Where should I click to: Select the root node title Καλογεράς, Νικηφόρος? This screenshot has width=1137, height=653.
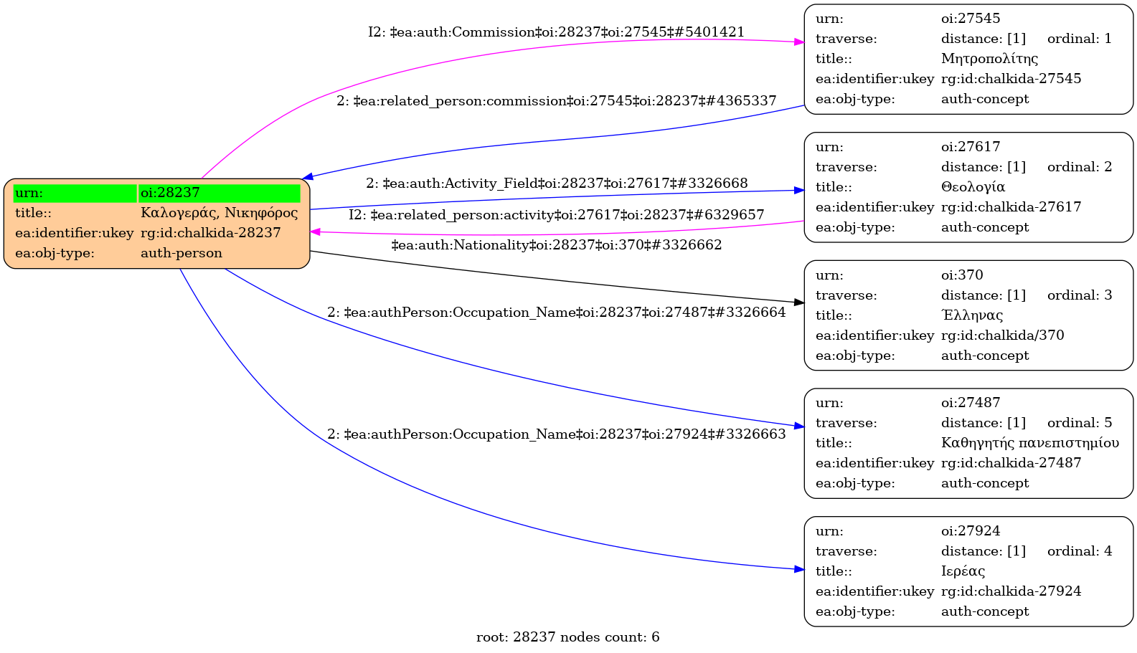click(x=220, y=213)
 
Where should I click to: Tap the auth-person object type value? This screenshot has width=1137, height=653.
click(x=181, y=253)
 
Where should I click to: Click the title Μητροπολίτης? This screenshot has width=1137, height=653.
click(x=989, y=59)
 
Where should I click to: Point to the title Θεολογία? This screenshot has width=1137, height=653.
click(x=973, y=187)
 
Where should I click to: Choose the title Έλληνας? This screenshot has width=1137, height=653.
click(x=972, y=315)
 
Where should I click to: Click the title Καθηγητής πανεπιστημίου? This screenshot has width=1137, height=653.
click(x=1030, y=443)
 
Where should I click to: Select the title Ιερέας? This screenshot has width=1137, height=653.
click(x=963, y=571)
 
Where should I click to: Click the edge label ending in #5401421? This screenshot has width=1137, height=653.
click(x=557, y=32)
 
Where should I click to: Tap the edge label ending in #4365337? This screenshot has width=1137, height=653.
click(x=557, y=101)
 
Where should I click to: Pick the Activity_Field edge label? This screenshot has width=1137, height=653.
click(x=557, y=183)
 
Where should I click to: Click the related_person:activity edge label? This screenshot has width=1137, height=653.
click(x=557, y=215)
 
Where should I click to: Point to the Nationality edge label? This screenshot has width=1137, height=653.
click(x=557, y=245)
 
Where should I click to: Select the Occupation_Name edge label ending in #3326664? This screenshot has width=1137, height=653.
click(x=557, y=313)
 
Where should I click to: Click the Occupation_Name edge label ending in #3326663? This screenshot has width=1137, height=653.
click(x=557, y=434)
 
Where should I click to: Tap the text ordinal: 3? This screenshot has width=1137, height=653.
click(x=1080, y=295)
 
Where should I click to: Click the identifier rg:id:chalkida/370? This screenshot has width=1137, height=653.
click(x=1002, y=335)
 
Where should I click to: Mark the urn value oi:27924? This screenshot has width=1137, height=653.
click(x=971, y=530)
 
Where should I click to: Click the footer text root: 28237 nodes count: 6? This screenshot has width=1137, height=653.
click(x=567, y=637)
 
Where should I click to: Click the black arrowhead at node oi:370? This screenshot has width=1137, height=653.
click(x=799, y=302)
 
